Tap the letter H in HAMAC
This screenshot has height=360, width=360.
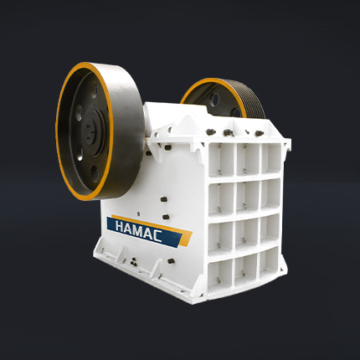[121, 226]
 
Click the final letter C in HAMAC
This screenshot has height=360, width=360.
[157, 236]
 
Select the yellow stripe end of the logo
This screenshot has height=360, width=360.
[185, 239]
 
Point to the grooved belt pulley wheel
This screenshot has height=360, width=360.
[224, 98]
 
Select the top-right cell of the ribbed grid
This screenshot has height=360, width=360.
[270, 158]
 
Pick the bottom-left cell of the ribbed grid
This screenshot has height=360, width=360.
[220, 275]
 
